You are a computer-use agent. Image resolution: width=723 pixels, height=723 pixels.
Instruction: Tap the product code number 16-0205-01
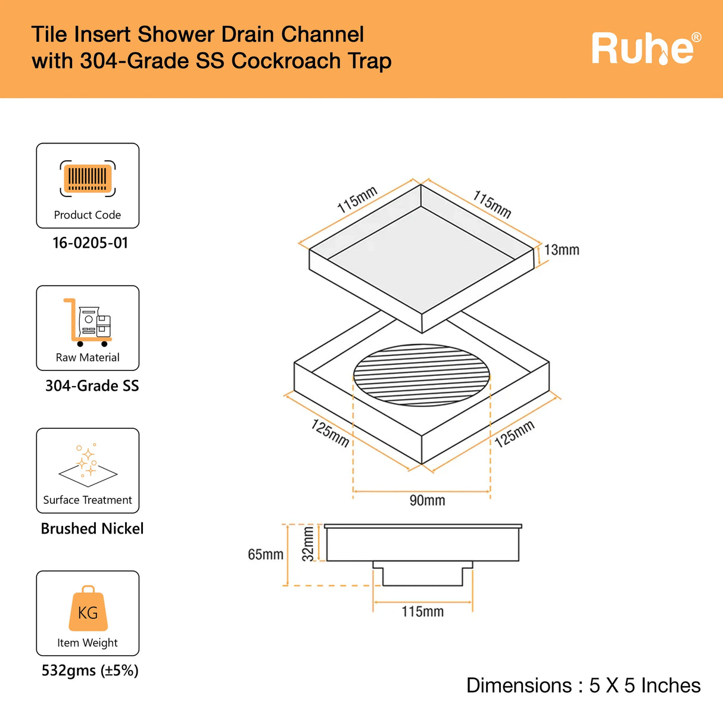coord(90,243)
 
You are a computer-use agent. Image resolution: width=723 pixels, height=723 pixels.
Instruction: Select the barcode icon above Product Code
coord(88,178)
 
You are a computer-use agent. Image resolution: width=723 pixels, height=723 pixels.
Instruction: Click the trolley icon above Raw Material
coord(88,322)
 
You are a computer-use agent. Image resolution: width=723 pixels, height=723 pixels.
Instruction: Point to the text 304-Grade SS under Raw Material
coord(92,386)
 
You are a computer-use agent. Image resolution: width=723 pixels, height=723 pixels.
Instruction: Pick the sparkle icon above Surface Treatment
coord(88,462)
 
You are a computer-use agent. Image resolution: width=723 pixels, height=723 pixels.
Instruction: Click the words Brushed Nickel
coord(92,529)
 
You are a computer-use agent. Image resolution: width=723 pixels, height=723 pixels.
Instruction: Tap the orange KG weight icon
coord(88,609)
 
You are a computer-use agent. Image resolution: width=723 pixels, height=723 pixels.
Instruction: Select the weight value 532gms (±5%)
coord(90,671)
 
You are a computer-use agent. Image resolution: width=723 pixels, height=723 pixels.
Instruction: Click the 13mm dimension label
coord(562,250)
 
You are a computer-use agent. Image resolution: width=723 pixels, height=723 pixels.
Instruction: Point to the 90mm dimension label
coord(427,500)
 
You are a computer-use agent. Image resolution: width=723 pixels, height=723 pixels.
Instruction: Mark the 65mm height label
coord(266,554)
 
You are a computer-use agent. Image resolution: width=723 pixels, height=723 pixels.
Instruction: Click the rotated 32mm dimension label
coord(308,544)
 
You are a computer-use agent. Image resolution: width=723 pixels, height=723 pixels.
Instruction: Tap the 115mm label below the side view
coord(422,612)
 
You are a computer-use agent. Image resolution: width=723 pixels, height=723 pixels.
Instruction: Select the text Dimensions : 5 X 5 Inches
coord(583,685)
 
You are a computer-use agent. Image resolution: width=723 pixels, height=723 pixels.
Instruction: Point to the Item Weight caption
coord(88,643)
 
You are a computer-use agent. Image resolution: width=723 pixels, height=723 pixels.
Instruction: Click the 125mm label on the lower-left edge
coord(330,433)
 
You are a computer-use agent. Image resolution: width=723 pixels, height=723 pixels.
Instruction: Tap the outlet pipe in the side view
coord(422,575)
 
